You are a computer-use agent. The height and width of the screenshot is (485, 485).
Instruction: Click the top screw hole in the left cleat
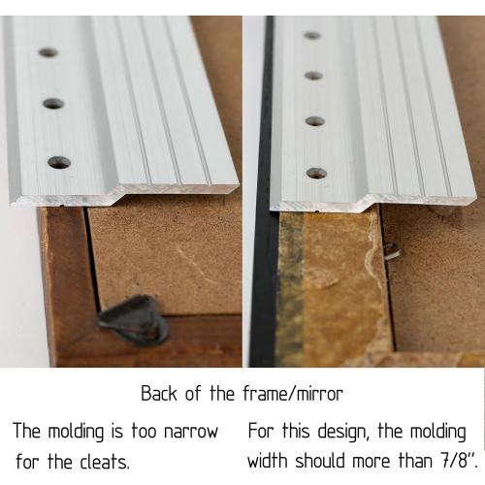coord(48,52)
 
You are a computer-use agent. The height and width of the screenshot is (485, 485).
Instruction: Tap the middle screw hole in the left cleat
coord(53,104)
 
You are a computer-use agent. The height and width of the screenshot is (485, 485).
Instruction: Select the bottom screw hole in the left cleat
coord(59,162)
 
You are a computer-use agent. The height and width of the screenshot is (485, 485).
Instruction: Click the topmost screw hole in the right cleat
coord(312,35)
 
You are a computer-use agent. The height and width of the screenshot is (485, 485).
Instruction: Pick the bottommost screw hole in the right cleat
coord(316,174)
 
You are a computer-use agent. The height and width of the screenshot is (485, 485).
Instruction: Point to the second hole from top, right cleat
coord(313,76)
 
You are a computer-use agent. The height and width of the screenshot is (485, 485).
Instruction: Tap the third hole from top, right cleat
coord(315,121)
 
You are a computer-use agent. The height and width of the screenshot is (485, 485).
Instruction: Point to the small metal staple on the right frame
coord(392,251)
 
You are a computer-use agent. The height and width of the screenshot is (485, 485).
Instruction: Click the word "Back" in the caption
coord(159,394)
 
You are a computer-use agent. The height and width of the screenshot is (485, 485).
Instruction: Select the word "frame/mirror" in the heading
coord(293,394)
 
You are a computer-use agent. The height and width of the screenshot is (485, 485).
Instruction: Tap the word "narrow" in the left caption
coord(191,432)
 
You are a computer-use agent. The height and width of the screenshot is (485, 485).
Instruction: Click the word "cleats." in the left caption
coord(105,462)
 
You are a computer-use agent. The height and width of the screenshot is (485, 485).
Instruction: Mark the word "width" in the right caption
coord(268,460)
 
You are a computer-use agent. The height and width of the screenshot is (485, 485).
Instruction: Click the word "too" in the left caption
coord(144,431)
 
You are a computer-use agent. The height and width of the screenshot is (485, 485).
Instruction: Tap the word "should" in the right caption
coord(319,460)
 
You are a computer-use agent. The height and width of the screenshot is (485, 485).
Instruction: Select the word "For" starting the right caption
coord(261,431)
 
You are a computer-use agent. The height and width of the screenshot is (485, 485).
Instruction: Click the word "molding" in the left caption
coord(76,432)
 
